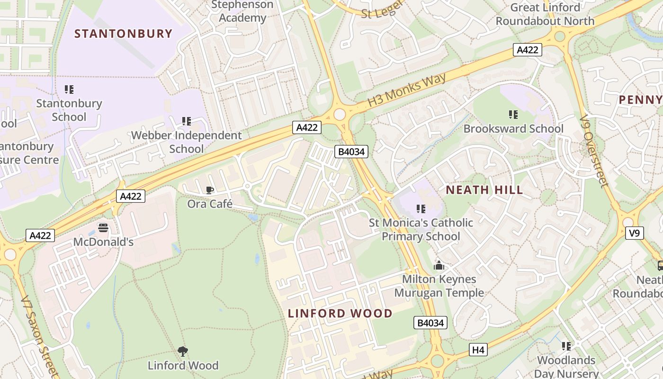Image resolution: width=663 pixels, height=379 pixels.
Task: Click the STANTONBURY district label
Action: pos(123,34)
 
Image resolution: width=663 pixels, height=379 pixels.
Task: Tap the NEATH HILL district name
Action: pos(484,190)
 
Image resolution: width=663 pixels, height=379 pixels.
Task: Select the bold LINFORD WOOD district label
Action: pos(340,313)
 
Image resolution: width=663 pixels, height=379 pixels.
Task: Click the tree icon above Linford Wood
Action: pos(183,351)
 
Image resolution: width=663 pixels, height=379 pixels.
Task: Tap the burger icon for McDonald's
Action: pos(103,228)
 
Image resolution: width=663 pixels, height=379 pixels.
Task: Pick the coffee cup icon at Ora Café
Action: pos(210,190)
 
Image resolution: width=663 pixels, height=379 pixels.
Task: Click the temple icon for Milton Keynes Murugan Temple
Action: pos(439,265)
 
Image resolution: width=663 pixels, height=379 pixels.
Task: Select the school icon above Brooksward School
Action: pos(513,114)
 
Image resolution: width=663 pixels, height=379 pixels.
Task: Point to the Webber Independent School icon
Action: pos(187,121)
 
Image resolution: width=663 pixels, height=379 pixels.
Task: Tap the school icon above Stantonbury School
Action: pos(69,89)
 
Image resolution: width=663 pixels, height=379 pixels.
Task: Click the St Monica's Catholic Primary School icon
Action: pos(421,208)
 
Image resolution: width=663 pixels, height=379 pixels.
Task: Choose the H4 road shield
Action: pos(478,350)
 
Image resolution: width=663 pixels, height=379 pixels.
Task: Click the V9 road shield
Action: pos(635,233)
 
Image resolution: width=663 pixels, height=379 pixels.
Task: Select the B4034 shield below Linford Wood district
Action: pos(430,323)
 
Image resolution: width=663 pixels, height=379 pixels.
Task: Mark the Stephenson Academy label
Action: pos(242,11)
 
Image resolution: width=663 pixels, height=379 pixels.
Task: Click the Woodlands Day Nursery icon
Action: pos(566,346)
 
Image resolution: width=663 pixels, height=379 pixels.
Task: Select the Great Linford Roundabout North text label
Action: pos(545,14)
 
